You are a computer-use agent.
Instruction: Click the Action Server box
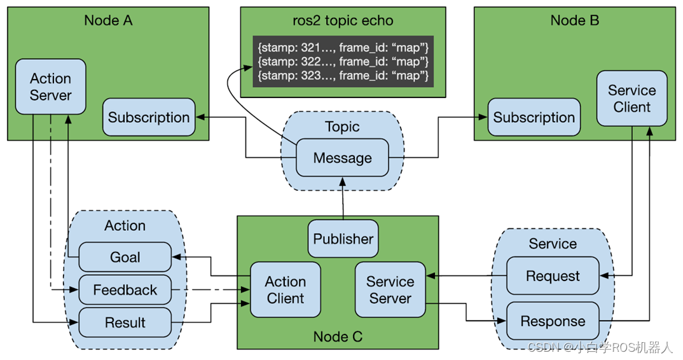tap(50, 87)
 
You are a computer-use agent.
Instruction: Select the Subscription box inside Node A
tap(149, 117)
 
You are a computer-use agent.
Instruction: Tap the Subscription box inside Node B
tap(534, 117)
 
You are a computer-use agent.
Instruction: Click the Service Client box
tap(632, 99)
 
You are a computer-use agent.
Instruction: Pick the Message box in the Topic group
tap(342, 158)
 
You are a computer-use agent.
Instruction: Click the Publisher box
tap(343, 239)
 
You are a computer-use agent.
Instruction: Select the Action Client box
tap(286, 290)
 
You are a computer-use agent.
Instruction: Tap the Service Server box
tap(390, 290)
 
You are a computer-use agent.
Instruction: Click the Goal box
tap(125, 257)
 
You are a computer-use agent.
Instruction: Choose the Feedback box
tap(125, 290)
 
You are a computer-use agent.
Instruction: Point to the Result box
tap(125, 322)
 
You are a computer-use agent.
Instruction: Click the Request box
tap(553, 276)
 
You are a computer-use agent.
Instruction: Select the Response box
tap(553, 321)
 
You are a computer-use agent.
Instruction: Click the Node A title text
tap(109, 20)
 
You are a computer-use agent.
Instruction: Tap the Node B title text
tap(575, 20)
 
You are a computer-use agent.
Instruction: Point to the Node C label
tap(338, 336)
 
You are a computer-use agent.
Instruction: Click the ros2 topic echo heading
tap(343, 20)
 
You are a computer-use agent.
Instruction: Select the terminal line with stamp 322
tap(343, 62)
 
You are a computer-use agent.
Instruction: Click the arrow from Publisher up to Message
tap(343, 198)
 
